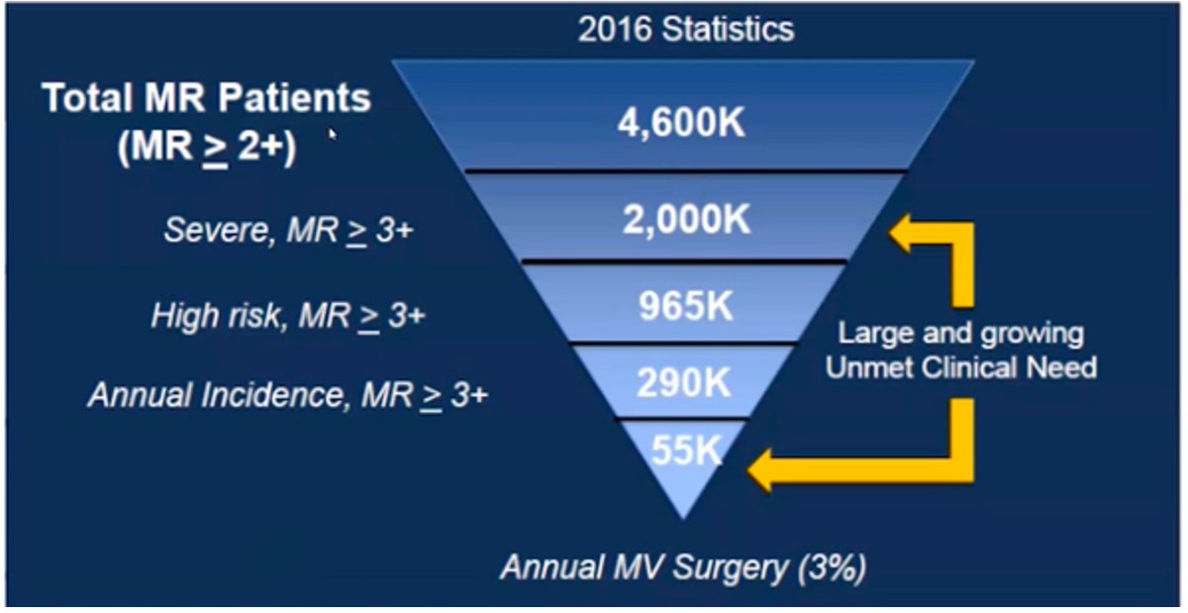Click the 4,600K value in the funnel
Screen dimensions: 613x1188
click(x=684, y=126)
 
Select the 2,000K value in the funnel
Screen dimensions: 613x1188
click(x=686, y=220)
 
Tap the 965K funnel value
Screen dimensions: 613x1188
click(x=685, y=307)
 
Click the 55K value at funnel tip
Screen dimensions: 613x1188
click(x=683, y=451)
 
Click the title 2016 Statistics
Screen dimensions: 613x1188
click(x=685, y=28)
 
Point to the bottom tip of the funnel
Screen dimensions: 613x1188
click(x=682, y=515)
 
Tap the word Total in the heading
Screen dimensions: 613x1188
click(x=81, y=99)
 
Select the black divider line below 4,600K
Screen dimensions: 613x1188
click(x=684, y=171)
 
